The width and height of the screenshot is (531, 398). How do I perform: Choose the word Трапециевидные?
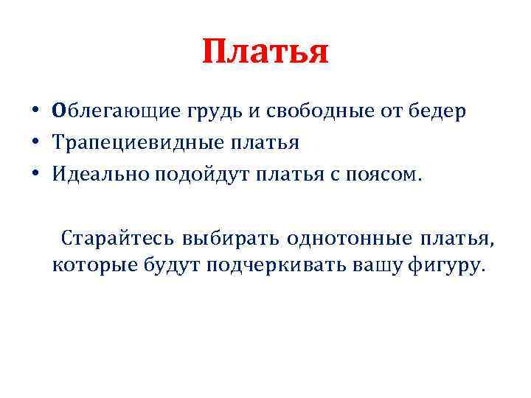pyautogui.click(x=128, y=143)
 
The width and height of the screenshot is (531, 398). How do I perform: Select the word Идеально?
pyautogui.click(x=97, y=175)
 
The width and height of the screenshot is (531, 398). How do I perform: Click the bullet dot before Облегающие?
pyautogui.click(x=35, y=112)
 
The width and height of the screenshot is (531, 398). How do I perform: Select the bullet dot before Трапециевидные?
pyautogui.click(x=35, y=144)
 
